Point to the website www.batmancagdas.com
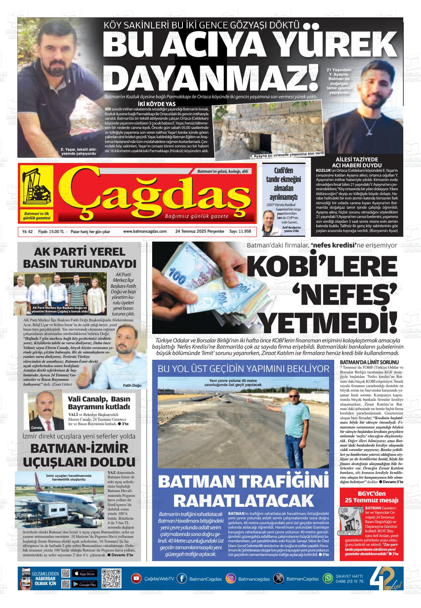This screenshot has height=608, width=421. (x=145, y=231)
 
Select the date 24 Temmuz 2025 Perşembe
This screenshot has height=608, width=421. (x=200, y=231)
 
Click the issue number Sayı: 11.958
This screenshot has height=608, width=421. (x=240, y=231)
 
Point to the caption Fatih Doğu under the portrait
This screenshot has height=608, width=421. (x=132, y=386)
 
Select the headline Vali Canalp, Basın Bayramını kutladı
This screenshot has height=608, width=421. (x=99, y=403)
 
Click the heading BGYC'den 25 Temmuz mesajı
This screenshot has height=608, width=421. (x=372, y=497)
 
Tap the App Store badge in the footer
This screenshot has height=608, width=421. (x=85, y=573)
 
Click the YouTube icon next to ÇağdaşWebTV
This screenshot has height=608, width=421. (x=136, y=578)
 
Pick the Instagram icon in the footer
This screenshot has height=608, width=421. (x=231, y=578)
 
